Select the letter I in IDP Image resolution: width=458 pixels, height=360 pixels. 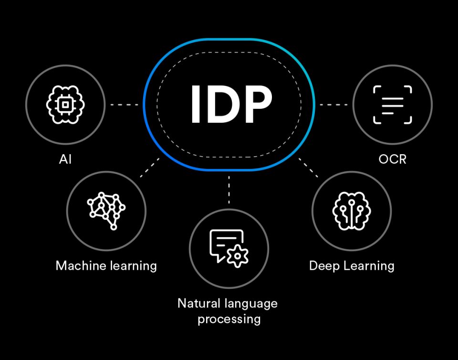pos(195,104)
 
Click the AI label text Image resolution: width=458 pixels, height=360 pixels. pos(65,159)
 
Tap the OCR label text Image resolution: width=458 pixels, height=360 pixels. pos(392,159)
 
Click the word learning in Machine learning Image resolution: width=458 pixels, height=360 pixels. pos(135,265)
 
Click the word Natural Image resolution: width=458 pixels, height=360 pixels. pos(198,303)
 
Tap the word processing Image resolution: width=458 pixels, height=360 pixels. pos(229,318)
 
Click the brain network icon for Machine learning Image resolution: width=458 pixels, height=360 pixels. pos(106,211)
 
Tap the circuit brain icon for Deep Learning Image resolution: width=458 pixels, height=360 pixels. pos(352,211)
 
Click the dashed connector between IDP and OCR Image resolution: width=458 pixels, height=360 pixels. pos(333,104)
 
